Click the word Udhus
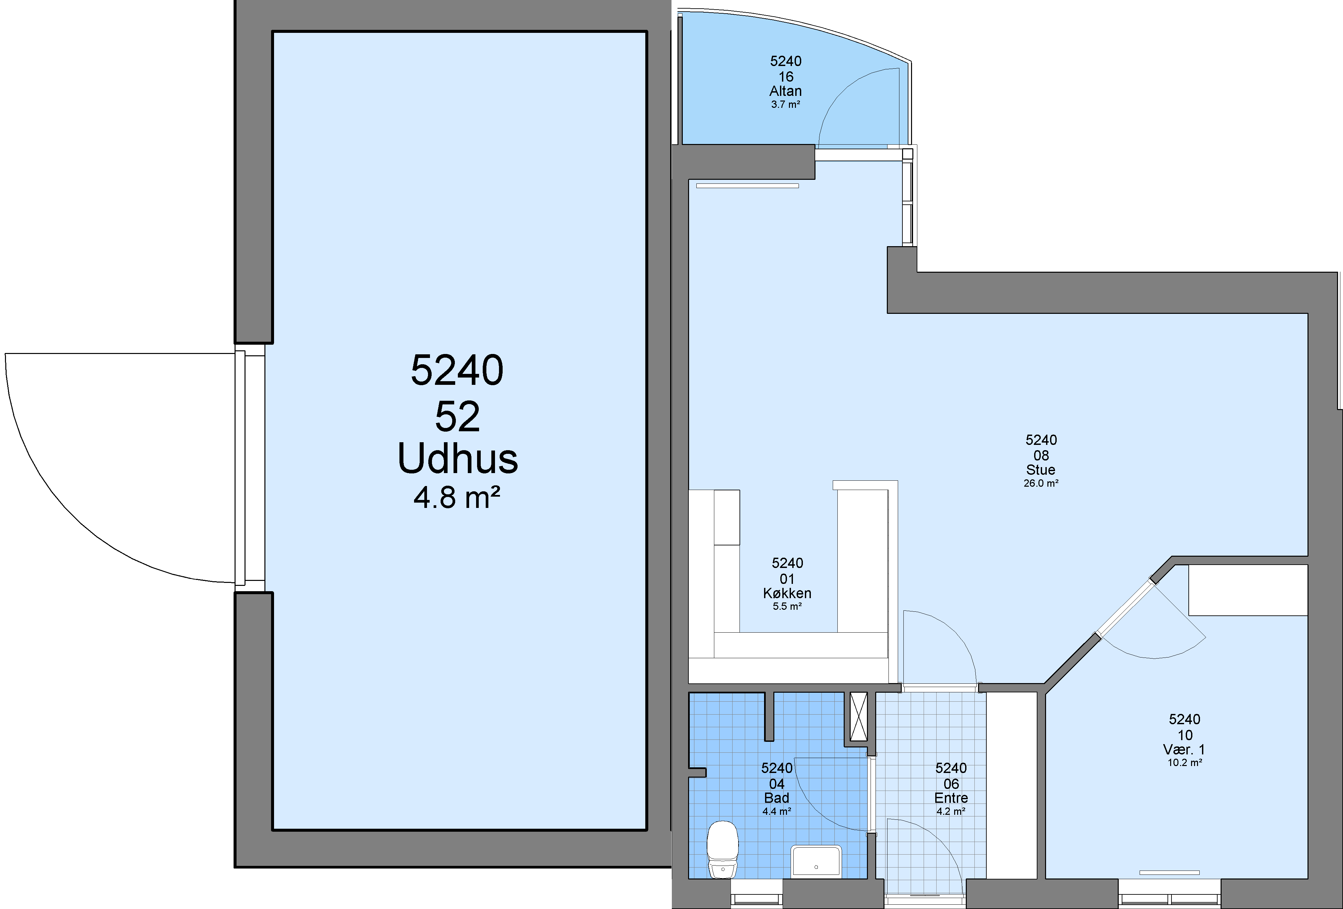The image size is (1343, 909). coord(458,459)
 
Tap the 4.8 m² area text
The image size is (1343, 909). coord(457,498)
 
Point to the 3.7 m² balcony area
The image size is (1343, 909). coord(785,105)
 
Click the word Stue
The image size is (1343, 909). coord(1041,470)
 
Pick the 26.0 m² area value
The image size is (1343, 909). coord(1041,483)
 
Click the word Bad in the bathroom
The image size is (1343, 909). coord(777,798)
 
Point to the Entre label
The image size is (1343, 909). coord(951,798)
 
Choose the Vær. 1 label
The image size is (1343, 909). coord(1184,749)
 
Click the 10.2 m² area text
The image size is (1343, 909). coord(1185,763)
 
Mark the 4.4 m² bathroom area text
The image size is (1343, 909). coord(777,811)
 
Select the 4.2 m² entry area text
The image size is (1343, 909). coord(951,811)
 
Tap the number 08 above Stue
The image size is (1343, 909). coord(1041,456)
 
